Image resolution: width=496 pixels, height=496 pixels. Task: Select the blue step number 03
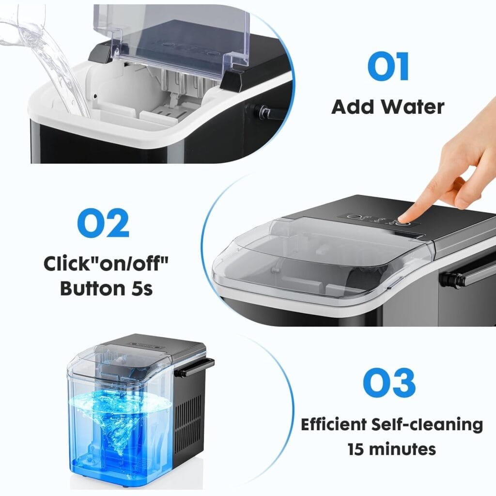pyautogui.click(x=389, y=383)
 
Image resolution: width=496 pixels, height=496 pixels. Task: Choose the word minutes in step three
pyautogui.click(x=404, y=449)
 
